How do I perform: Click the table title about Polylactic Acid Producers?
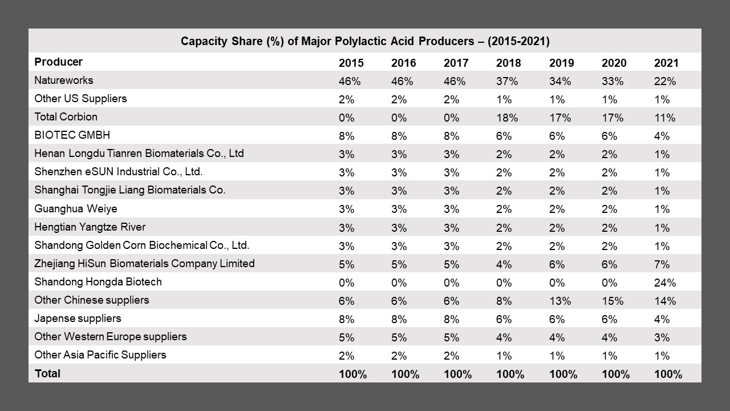pos(365,42)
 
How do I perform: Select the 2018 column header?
pos(508,63)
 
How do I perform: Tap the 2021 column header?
pos(666,63)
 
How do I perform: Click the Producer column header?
pos(58,62)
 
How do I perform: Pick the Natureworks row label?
pos(63,80)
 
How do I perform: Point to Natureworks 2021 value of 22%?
pos(664,81)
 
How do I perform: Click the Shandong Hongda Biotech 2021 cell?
pos(664,283)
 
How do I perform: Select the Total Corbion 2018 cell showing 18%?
pos(507,118)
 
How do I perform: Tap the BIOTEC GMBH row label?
pos(72,135)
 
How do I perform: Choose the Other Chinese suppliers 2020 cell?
pos(613,301)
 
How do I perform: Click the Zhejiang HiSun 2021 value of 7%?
pos(662,264)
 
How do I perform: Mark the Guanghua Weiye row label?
pos(75,208)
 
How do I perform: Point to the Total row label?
pos(47,374)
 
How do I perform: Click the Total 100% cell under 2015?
pos(352,374)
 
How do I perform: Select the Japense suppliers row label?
pos(78,319)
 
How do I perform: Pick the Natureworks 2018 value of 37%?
pos(507,81)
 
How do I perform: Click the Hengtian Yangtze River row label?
pos(90,227)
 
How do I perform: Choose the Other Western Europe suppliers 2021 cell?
pos(662,337)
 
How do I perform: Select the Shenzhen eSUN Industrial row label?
pos(118,172)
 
